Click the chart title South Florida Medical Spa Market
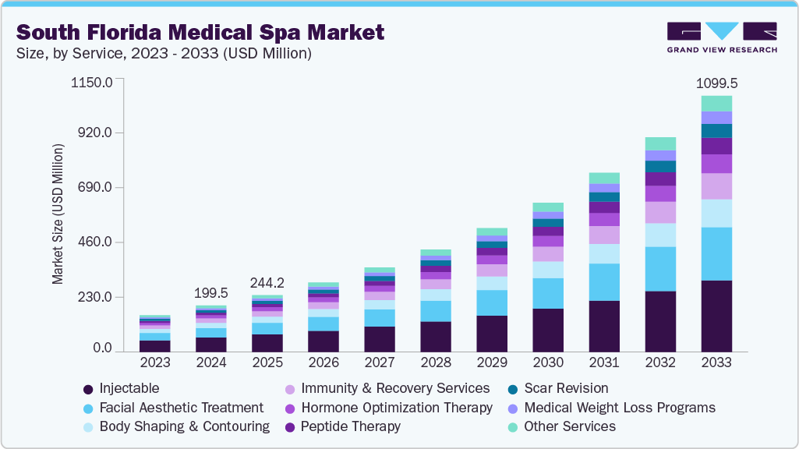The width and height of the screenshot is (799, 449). [x=200, y=33]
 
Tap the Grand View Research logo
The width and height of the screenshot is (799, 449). [x=721, y=37]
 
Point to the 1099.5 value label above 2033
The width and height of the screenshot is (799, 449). [x=716, y=83]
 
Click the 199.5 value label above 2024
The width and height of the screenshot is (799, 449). [x=210, y=293]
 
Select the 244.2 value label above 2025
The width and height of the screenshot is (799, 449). [x=267, y=283]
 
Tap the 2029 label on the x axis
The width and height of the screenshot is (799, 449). [x=492, y=362]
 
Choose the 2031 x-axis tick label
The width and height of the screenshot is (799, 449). [x=604, y=362]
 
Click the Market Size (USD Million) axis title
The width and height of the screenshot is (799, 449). [x=58, y=214]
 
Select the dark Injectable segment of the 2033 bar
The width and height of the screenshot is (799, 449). [x=716, y=316]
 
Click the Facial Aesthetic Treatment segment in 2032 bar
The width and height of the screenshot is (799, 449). [x=660, y=269]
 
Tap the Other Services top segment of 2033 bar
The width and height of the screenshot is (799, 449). [x=716, y=103]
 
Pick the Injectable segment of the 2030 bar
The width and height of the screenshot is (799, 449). [x=548, y=330]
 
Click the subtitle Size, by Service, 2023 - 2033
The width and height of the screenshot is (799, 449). [x=164, y=53]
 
